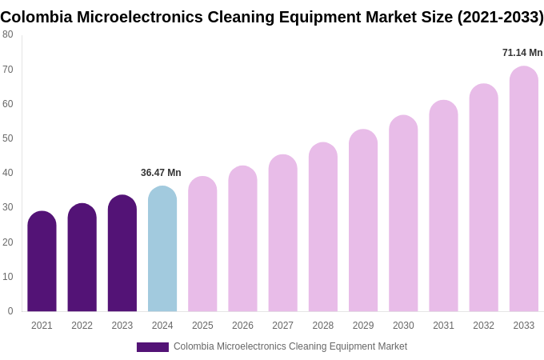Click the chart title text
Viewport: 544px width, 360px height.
(272, 17)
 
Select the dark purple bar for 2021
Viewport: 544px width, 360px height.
(42, 262)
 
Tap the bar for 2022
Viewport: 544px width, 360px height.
(82, 258)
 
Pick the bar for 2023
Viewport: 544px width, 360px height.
(122, 254)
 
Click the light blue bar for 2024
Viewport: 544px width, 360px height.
(162, 249)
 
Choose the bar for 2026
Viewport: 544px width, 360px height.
(242, 239)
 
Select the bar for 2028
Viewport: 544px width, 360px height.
(323, 227)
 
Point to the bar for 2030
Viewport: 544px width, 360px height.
(403, 214)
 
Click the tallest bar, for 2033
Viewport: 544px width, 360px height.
(524, 190)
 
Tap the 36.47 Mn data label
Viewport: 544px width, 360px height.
(161, 173)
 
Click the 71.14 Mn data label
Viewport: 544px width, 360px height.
(522, 53)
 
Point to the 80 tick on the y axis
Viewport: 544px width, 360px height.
(8, 34)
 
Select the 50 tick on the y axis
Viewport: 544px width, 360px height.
(8, 138)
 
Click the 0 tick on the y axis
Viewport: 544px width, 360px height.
(10, 311)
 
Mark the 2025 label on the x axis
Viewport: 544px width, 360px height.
(202, 326)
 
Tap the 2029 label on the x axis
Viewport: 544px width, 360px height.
(363, 326)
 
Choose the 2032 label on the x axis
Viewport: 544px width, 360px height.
(483, 326)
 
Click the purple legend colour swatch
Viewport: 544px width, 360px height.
(152, 347)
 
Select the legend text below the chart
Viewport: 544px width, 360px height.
(290, 346)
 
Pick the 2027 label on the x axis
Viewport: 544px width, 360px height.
(282, 326)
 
